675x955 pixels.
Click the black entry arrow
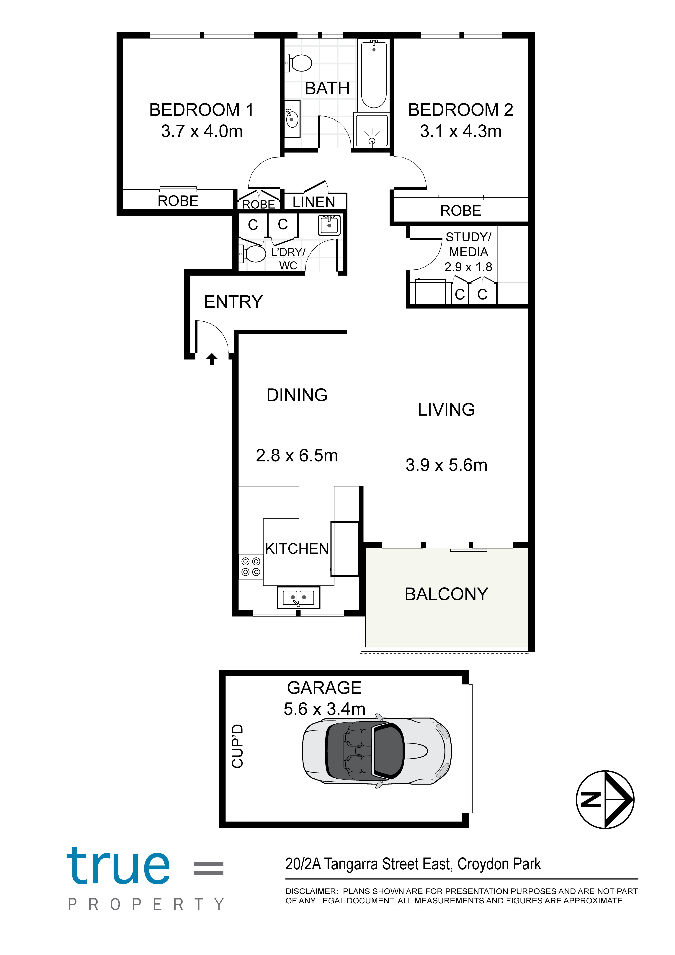tap(212, 359)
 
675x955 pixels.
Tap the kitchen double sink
tap(298, 598)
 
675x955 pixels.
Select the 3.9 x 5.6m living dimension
tap(446, 465)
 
